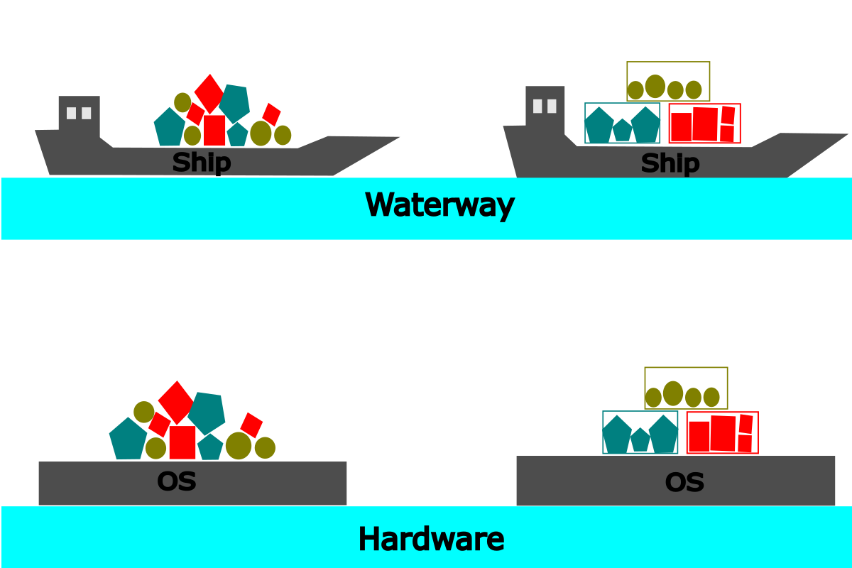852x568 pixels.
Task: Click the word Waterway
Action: [439, 205]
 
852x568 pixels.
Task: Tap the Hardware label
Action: [431, 539]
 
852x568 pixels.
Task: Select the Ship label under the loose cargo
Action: [201, 163]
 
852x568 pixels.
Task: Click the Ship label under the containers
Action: [670, 164]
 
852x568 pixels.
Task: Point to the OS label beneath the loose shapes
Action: [176, 481]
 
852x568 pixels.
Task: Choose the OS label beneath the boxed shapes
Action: [684, 483]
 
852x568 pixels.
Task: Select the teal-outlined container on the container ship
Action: [622, 124]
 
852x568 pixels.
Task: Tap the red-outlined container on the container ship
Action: [704, 124]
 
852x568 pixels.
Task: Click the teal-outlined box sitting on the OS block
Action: [640, 432]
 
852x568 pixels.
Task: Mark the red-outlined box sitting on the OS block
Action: [722, 432]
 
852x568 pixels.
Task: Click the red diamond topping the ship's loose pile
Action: [209, 92]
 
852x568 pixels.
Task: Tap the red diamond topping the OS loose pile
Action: [175, 401]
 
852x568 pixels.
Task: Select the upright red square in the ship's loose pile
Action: [214, 130]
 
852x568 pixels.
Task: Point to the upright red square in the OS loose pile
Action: [182, 442]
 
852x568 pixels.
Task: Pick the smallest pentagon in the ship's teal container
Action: [622, 130]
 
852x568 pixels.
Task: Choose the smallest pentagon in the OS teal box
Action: [640, 439]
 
